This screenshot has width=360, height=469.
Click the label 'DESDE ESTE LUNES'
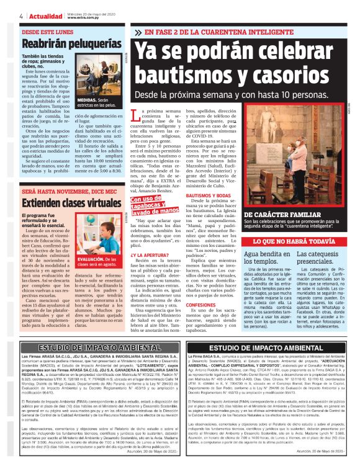click(44, 30)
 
